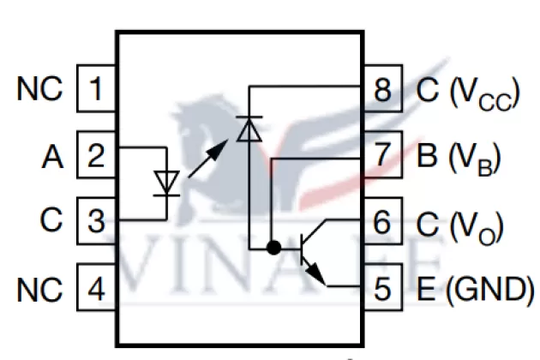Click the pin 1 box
pyautogui.click(x=97, y=89)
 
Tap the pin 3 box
pyautogui.click(x=97, y=221)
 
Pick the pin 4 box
pyautogui.click(x=97, y=287)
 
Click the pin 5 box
pyautogui.click(x=383, y=287)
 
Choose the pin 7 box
pyautogui.click(x=383, y=157)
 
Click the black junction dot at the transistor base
pyautogui.click(x=274, y=249)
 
